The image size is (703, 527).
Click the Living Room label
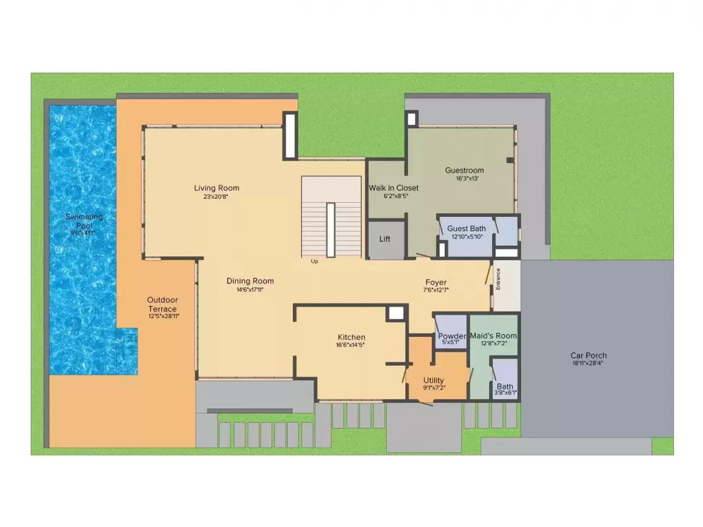tap(216, 188)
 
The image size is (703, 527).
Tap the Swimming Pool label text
tap(84, 221)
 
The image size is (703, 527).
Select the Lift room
tap(386, 239)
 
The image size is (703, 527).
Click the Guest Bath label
tap(466, 228)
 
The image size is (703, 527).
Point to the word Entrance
tap(498, 279)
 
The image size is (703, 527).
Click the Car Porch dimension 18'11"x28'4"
tap(587, 363)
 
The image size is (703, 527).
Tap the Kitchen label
tap(351, 337)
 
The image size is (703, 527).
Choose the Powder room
tap(451, 331)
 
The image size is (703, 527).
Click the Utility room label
tap(433, 380)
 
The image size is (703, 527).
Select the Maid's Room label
tap(493, 336)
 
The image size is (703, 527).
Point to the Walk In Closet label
tap(394, 188)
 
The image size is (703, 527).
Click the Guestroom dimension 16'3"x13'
tap(467, 178)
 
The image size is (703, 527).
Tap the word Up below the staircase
tap(315, 261)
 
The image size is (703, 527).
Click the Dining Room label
tap(250, 281)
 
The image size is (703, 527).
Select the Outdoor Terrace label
tap(162, 304)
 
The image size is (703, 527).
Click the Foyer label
tap(436, 282)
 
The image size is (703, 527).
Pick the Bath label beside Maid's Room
tap(505, 386)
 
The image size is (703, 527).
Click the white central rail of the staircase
tap(330, 230)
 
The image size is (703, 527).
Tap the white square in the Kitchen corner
tap(396, 313)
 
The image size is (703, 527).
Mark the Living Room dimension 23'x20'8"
tap(216, 196)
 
